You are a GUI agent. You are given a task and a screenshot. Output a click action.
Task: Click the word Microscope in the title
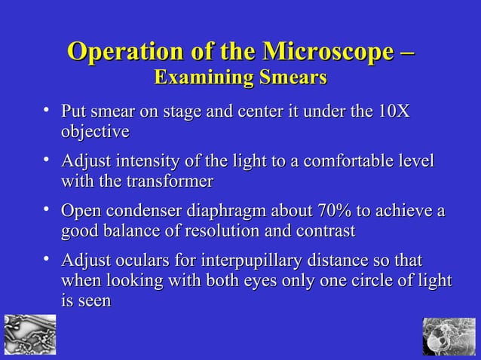(326, 53)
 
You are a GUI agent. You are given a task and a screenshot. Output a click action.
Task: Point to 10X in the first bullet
(393, 112)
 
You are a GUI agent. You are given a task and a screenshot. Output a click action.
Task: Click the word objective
(95, 132)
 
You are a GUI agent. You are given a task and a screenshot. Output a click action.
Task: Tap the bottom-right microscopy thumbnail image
(449, 336)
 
